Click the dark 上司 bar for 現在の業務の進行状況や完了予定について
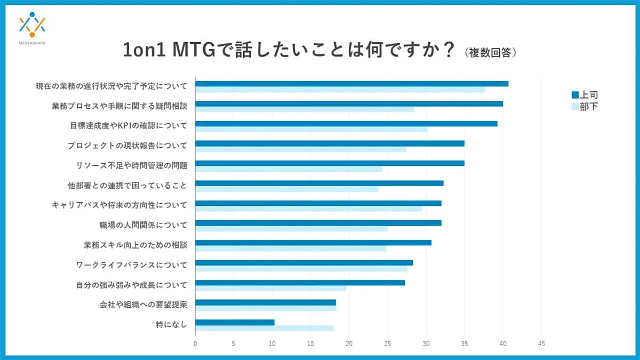click(x=352, y=84)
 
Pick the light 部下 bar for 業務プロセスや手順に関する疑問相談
click(x=305, y=109)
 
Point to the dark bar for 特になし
click(x=235, y=322)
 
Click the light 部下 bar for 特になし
click(x=264, y=328)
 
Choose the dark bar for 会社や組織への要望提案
click(x=266, y=302)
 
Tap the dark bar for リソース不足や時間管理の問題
click(x=330, y=163)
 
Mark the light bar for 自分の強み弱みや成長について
click(x=270, y=289)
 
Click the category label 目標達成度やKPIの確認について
click(x=129, y=126)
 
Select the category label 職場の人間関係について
click(x=143, y=225)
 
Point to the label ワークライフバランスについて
click(x=132, y=265)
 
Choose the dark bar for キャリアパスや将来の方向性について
click(x=318, y=203)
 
